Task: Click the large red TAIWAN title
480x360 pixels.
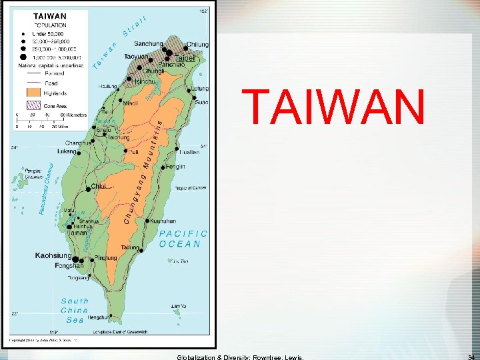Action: click(334, 107)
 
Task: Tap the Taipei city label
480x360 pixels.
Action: click(185, 58)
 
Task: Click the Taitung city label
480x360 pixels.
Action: click(131, 247)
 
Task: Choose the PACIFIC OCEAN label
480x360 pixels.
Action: click(183, 239)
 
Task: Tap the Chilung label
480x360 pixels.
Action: click(198, 45)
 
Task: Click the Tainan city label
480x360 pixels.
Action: click(79, 233)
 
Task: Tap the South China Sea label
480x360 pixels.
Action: click(74, 310)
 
